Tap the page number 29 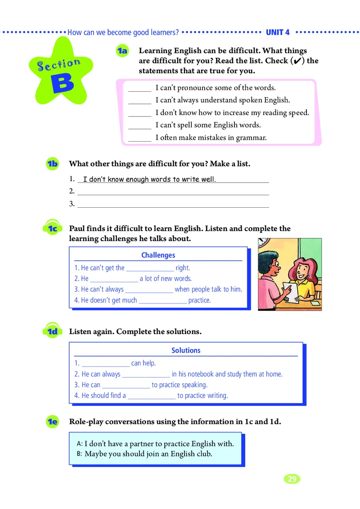coord(292,479)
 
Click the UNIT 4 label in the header coord(278,32)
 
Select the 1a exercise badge coord(122,51)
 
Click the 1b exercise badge coord(52,164)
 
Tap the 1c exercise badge coord(52,228)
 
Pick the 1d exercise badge coord(52,332)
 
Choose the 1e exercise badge coord(52,422)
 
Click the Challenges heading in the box coord(158,255)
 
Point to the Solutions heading coord(186,350)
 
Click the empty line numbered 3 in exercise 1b coord(173,205)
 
